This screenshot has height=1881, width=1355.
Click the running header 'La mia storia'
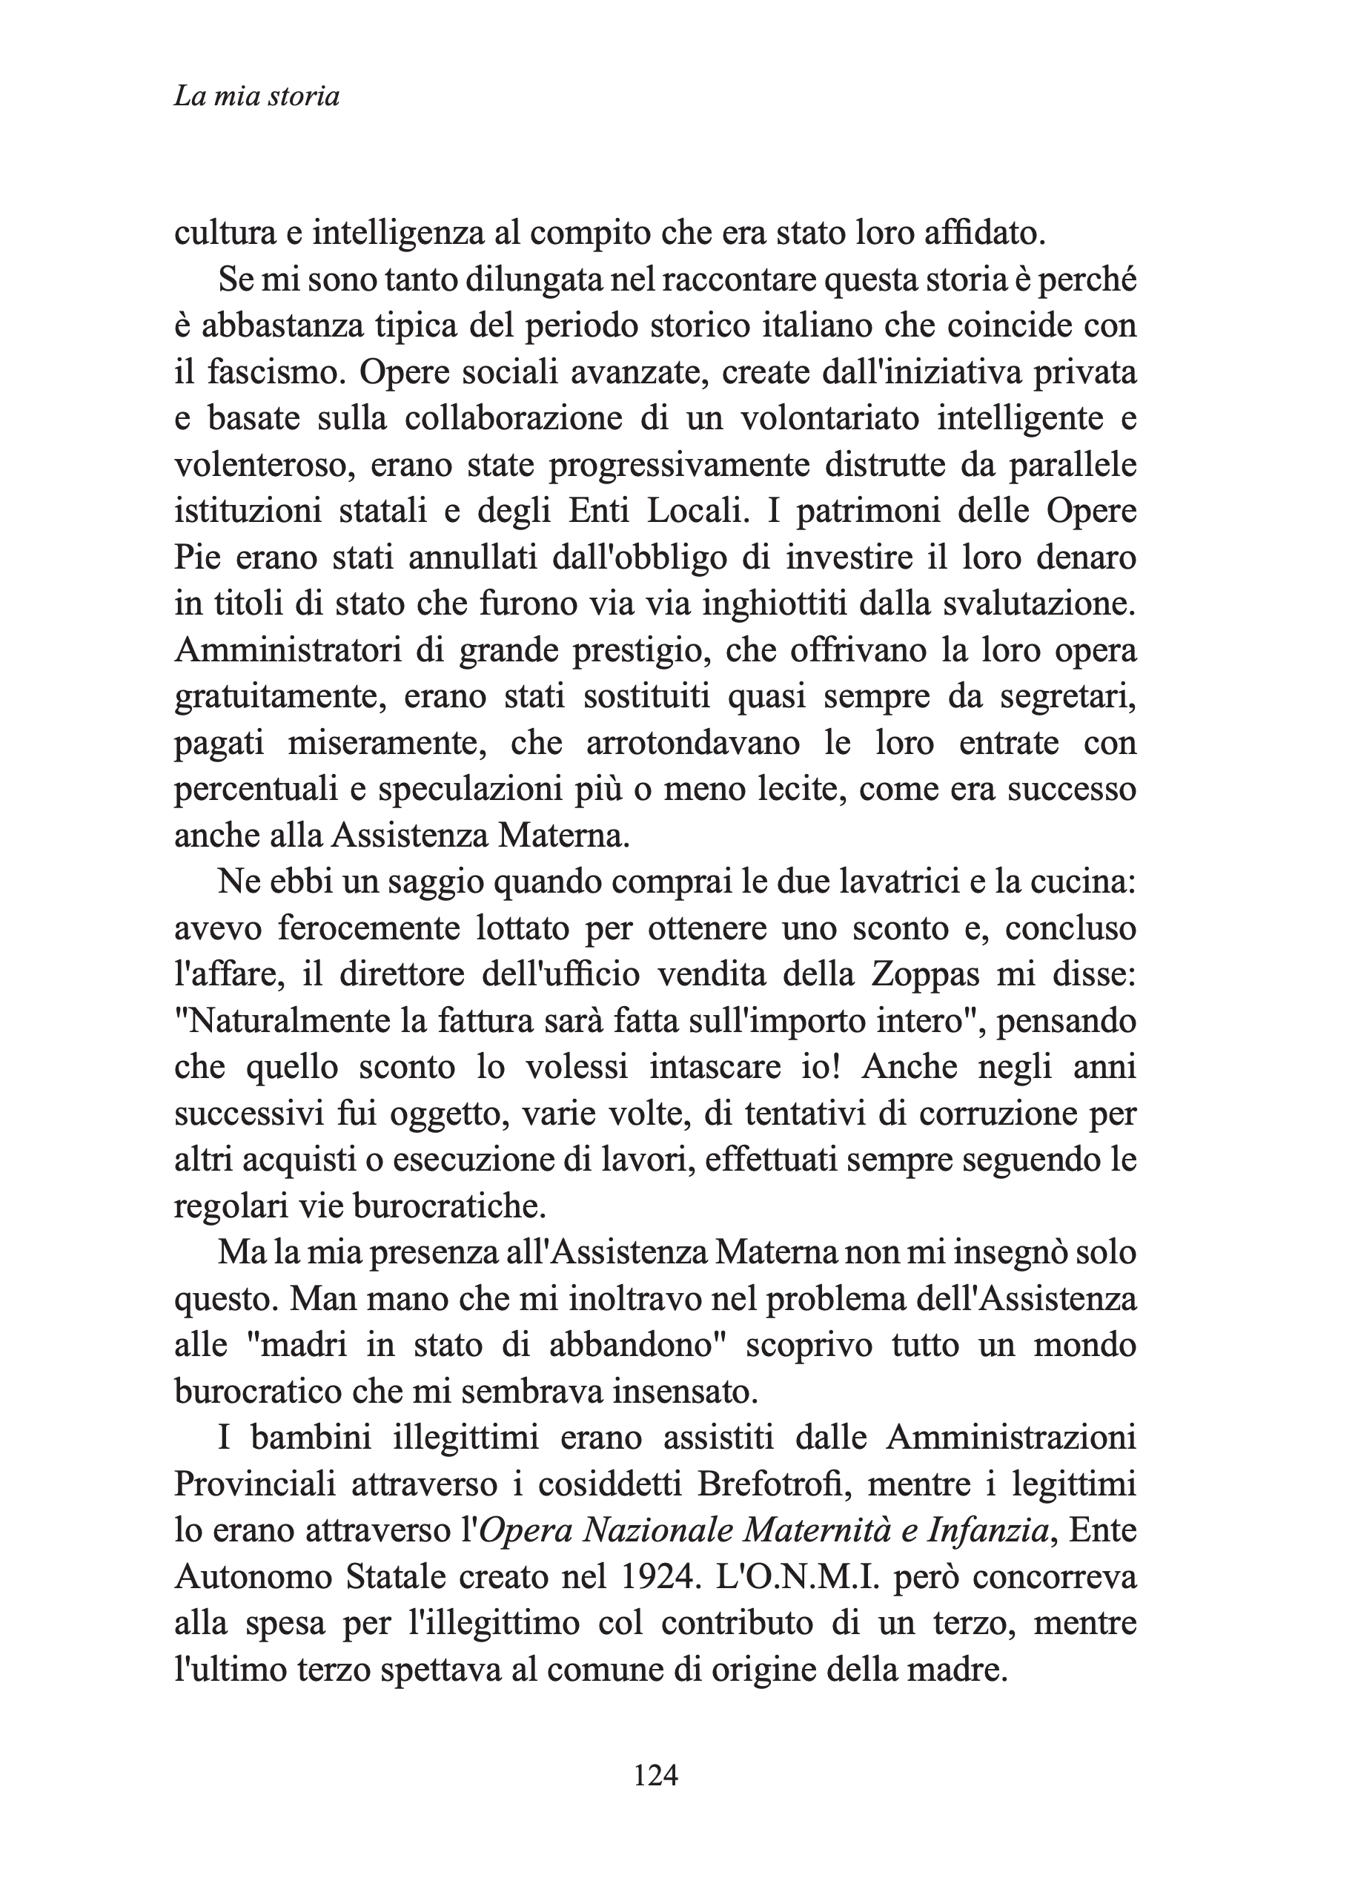pyautogui.click(x=256, y=97)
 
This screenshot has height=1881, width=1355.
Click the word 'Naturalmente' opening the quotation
pyautogui.click(x=282, y=1020)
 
